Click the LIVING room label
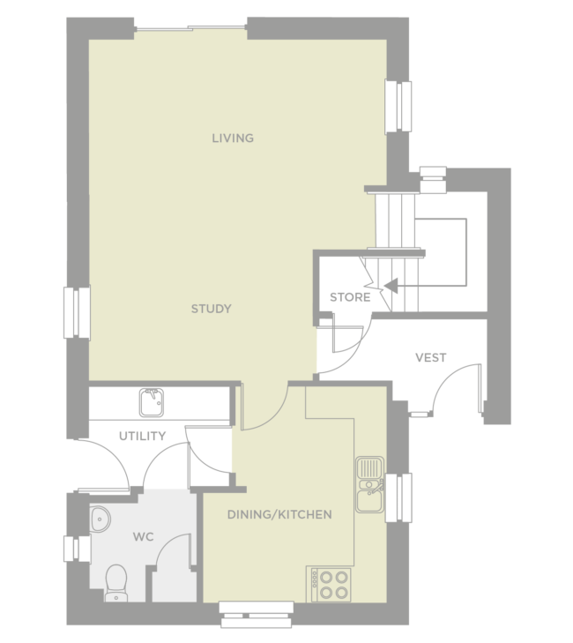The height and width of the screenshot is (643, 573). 233,138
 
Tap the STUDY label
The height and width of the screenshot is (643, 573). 212,309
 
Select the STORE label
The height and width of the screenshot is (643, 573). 350,297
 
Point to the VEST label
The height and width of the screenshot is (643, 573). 431,357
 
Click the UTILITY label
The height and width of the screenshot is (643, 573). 142,436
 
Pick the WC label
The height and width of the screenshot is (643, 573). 144,536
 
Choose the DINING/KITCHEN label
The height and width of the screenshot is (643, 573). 279,514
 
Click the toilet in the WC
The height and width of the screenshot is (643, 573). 115,582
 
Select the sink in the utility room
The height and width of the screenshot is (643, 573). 152,401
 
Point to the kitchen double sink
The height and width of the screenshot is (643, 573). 368,484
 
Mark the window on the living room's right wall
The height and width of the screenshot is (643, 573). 398,106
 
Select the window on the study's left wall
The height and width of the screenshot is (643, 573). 76,313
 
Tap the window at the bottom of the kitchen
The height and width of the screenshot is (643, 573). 257,614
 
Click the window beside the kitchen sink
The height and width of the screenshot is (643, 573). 399,497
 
